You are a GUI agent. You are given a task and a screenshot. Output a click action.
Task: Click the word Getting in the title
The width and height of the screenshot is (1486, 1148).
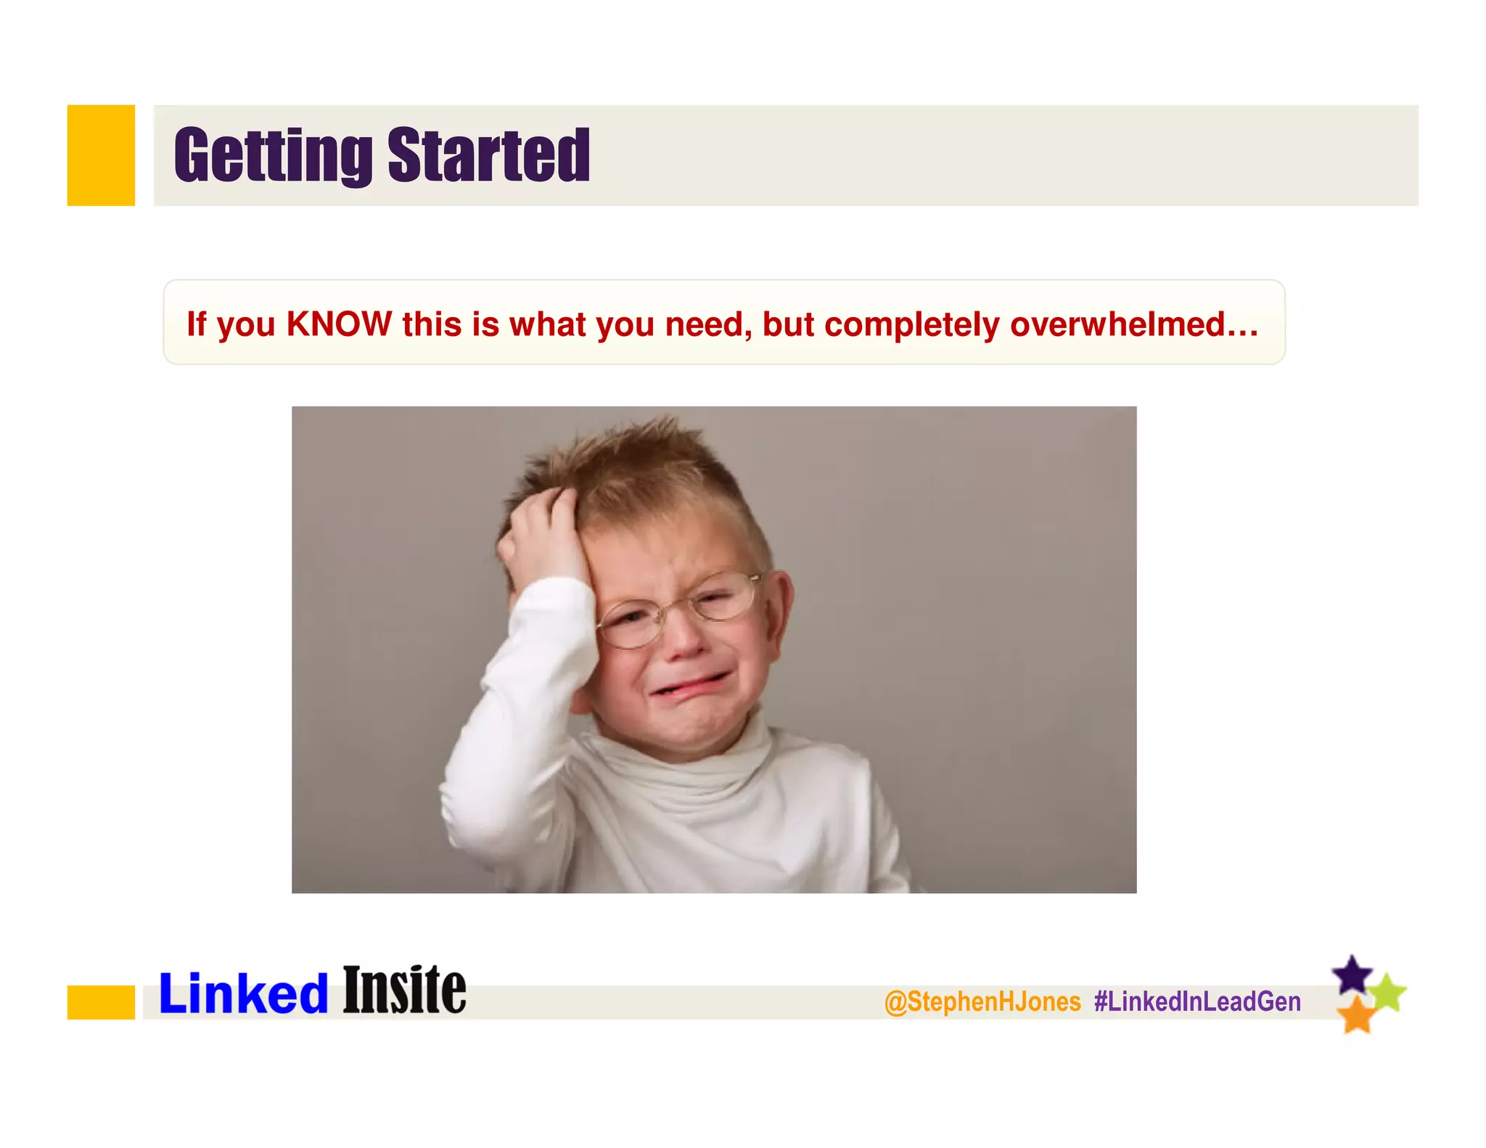coord(273,155)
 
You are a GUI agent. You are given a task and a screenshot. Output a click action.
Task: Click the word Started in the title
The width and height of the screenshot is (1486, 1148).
coord(489,155)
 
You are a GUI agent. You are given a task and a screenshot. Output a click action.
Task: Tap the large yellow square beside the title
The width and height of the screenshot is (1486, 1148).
coord(101,155)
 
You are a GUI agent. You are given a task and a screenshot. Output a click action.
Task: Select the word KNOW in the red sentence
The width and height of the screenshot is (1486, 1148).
coord(339,324)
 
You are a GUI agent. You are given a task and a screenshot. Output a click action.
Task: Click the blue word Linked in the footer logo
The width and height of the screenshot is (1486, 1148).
coord(243,994)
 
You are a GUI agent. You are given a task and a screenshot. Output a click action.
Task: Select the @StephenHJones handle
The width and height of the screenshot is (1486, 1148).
coord(982,1001)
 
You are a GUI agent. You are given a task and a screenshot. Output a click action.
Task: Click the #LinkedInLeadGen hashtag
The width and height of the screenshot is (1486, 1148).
coord(1197,1001)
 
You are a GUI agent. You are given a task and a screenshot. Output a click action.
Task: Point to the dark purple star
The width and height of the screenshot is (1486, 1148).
coord(1352,975)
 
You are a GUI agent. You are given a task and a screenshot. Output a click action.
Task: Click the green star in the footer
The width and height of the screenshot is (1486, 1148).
coord(1389,992)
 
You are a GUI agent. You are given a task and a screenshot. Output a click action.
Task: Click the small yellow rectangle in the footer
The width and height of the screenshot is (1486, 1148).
coord(101,1002)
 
